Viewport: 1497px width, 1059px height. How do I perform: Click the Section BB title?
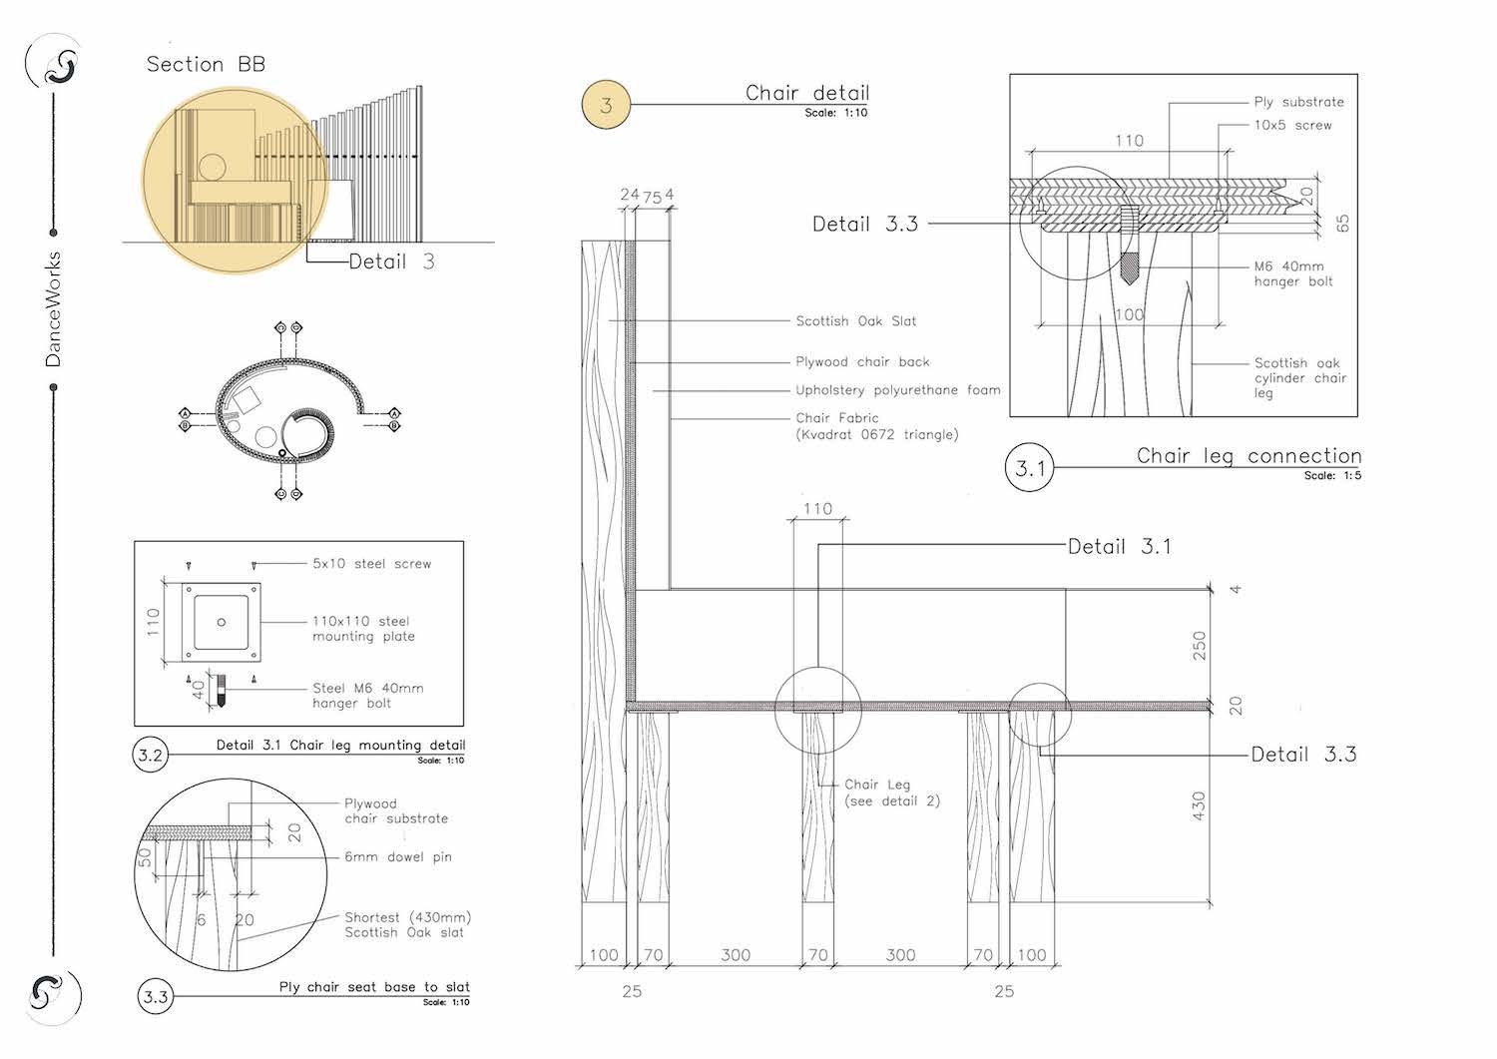point(206,65)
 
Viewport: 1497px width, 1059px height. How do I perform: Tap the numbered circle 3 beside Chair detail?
point(607,105)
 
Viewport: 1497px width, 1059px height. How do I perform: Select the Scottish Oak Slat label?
point(855,321)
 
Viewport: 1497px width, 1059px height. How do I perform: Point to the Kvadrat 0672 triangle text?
point(876,435)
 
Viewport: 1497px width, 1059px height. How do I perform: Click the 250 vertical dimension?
point(1200,645)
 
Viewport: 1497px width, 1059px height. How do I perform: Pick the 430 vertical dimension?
point(1200,805)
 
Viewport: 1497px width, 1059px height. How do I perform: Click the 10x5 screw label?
point(1292,126)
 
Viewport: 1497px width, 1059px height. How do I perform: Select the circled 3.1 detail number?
point(1030,467)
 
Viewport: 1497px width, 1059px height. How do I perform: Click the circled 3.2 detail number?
point(150,756)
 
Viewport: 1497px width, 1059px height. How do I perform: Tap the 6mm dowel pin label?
point(397,857)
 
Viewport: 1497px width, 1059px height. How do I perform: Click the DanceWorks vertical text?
point(54,309)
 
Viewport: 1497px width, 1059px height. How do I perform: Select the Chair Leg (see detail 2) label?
point(891,793)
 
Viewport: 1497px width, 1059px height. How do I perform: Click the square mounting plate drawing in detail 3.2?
point(221,623)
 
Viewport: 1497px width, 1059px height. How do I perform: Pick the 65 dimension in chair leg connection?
point(1342,224)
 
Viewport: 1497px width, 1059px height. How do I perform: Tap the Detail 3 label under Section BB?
point(391,263)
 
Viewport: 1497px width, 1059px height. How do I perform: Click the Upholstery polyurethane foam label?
point(897,390)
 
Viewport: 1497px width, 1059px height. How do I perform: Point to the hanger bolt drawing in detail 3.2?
point(221,690)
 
